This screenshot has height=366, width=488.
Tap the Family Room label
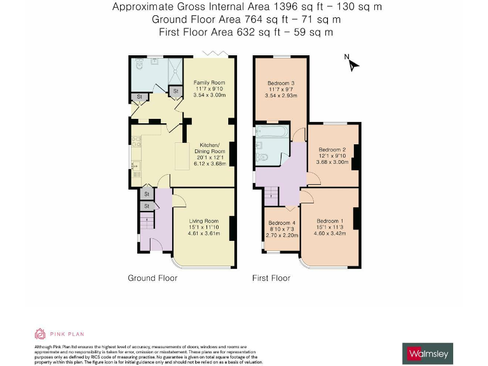pyautogui.click(x=209, y=83)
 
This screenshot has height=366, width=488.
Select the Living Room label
pyautogui.click(x=203, y=220)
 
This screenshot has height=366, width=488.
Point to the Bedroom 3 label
pyautogui.click(x=280, y=83)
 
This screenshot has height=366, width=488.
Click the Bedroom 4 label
pyautogui.click(x=281, y=223)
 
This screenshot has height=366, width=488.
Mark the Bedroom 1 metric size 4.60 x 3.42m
pyautogui.click(x=329, y=233)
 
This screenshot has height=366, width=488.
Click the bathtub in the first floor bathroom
pyautogui.click(x=272, y=132)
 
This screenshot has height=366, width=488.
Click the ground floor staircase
pyautogui.click(x=146, y=222)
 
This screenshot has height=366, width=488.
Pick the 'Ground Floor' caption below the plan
pyautogui.click(x=152, y=278)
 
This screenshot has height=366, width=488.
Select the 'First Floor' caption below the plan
pyautogui.click(x=271, y=278)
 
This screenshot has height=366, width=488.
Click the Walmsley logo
pyautogui.click(x=428, y=352)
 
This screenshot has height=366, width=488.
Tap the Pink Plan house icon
pyautogui.click(x=39, y=334)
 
